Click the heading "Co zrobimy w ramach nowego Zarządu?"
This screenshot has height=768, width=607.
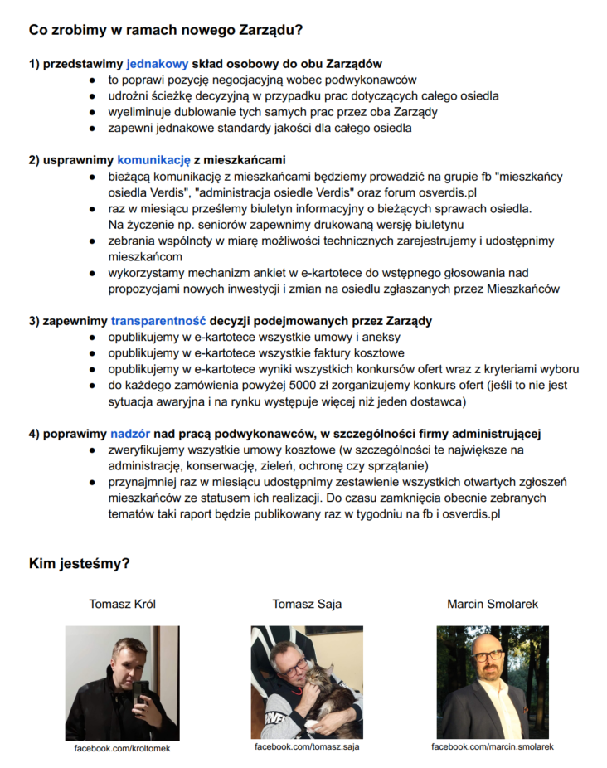coord(165,30)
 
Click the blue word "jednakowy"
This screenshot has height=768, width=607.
coord(158,64)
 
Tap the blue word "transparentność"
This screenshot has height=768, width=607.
coord(158,320)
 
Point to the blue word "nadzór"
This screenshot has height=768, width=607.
coord(130,433)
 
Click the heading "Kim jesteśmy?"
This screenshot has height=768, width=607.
coord(79,565)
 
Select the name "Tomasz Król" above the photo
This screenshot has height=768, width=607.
coord(122,605)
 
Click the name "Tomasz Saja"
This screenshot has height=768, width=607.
coord(306,605)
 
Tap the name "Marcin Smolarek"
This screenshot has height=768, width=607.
coord(492,605)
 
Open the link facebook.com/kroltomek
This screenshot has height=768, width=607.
coord(122,748)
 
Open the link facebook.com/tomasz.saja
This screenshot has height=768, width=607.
coord(306,747)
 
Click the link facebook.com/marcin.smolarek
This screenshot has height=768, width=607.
coord(492,746)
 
